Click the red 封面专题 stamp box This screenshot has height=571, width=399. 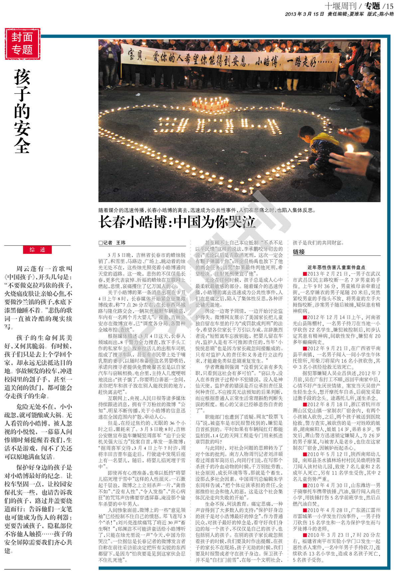point(22,44)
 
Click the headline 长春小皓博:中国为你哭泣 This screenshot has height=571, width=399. point(177,222)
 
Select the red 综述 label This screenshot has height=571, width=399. point(37,250)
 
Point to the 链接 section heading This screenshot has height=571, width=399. point(299,252)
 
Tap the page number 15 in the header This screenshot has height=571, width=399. point(388,6)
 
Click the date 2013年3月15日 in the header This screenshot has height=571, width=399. point(304,14)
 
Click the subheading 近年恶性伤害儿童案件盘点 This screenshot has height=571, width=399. point(336,267)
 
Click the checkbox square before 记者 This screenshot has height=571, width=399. point(100,243)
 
